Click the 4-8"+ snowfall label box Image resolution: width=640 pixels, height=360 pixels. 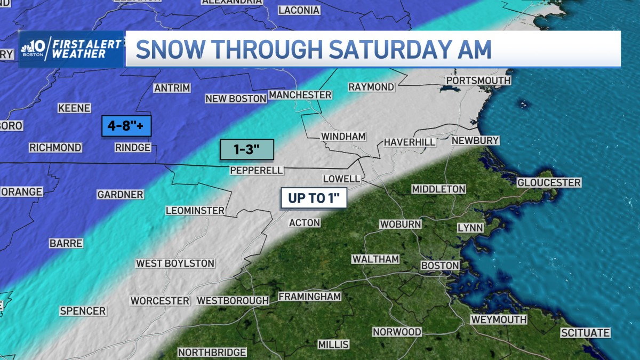127,127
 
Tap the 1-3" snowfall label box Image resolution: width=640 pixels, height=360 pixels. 246,150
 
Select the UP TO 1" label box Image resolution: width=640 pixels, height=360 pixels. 314,198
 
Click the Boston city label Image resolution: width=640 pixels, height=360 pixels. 440,265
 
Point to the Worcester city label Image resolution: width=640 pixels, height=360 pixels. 160,301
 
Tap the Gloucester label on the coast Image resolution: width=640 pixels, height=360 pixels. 549,183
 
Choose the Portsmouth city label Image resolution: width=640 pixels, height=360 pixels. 478,81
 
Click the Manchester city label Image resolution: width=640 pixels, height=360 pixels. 300,95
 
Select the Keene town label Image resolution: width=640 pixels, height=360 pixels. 74,108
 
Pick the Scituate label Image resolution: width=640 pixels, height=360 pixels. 585,333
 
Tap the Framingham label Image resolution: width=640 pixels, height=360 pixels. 309,297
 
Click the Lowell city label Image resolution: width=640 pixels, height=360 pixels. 342,179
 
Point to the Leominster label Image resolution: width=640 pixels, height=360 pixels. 195,211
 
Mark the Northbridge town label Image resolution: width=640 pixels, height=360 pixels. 212,353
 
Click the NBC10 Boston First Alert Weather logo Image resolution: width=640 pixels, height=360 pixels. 71,49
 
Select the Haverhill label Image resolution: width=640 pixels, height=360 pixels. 410,142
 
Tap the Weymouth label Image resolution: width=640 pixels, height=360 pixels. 498,319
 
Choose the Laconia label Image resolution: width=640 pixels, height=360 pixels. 299,10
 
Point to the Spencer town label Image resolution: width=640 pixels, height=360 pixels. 83,311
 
